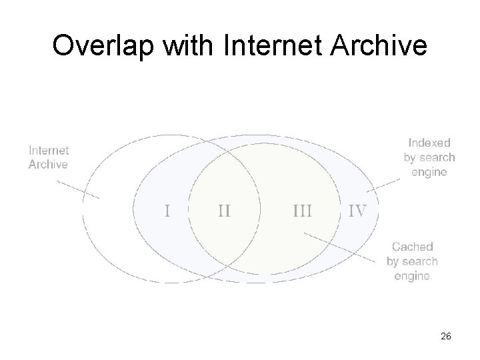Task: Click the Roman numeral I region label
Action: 167,211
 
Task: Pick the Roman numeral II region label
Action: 224,211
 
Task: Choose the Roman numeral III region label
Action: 303,211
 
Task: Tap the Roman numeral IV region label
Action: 357,211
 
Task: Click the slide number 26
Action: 446,337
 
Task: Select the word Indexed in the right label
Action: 429,142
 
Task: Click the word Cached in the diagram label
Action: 412,247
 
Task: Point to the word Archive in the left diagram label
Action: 48,165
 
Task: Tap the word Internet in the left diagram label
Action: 49,151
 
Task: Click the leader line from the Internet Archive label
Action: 83,189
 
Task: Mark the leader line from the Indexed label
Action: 383,184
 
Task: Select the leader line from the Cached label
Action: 340,246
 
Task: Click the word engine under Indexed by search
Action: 429,172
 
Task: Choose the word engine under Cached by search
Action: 412,276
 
